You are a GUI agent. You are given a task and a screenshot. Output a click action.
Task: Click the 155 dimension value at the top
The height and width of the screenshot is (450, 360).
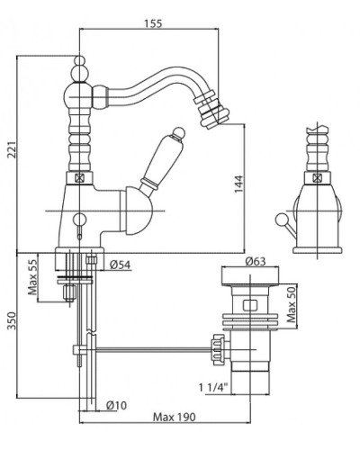pyautogui.click(x=153, y=23)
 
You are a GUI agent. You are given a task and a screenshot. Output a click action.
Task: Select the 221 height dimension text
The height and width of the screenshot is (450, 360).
pyautogui.click(x=13, y=149)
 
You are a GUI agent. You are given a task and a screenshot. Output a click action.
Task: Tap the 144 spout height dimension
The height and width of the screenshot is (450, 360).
pyautogui.click(x=238, y=184)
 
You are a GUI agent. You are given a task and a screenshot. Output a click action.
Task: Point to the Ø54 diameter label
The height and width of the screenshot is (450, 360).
pyautogui.click(x=120, y=265)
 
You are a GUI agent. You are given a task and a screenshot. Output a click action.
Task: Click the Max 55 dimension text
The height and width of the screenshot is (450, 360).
pyautogui.click(x=33, y=276)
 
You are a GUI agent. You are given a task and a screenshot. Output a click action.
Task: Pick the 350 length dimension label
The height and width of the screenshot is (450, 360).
pyautogui.click(x=12, y=320)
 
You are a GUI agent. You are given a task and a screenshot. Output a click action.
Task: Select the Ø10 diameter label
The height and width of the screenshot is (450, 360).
pyautogui.click(x=117, y=405)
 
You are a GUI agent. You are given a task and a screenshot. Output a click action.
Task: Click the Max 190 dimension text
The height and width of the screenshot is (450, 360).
pyautogui.click(x=174, y=417)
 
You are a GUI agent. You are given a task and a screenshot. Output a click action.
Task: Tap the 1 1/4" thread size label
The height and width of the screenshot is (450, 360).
pyautogui.click(x=213, y=388)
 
